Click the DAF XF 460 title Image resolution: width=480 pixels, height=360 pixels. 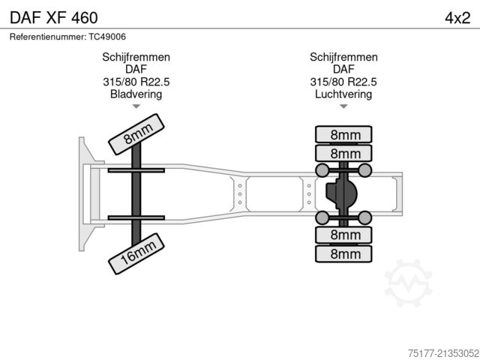pos(54,18)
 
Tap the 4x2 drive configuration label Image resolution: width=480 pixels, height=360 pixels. pos(457,18)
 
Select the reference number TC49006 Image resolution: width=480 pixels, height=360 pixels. pos(107,37)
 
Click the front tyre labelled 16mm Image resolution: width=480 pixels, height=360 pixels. pos(136,253)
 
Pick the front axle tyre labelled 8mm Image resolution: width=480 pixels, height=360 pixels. pos(136,134)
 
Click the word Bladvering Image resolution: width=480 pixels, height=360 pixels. pos(136,94)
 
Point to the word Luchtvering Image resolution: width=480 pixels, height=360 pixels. pos(343,94)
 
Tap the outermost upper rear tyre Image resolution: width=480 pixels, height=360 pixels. pos(343,134)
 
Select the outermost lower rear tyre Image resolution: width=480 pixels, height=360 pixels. pos(343,253)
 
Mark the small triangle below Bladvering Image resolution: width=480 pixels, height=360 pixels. pos(136,106)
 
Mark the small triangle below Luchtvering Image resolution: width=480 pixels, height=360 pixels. pos(343,106)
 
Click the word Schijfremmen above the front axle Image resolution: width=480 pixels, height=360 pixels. pos(136,57)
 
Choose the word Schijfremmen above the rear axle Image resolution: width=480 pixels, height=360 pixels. pos(343,57)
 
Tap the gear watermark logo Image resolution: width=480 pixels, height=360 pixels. pos(408,283)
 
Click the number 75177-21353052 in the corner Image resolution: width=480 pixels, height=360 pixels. pos(443,353)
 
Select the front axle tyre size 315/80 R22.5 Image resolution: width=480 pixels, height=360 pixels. pos(136,82)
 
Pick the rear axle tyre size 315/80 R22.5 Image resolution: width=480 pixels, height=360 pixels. pos(343,82)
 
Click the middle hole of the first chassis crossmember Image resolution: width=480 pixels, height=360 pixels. pos(240,194)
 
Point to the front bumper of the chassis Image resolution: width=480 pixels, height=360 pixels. pos(87,194)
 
